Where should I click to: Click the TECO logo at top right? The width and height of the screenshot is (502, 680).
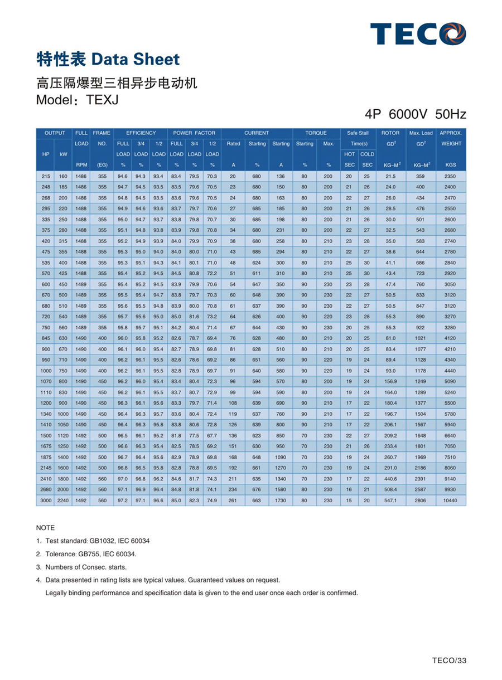[x=418, y=33]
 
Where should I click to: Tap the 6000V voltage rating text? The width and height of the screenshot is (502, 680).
[x=408, y=115]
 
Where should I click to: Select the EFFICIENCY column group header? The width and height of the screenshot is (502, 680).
[x=141, y=133]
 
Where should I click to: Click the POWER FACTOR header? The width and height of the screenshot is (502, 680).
[x=194, y=133]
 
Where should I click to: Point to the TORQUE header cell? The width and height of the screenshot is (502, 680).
[x=316, y=133]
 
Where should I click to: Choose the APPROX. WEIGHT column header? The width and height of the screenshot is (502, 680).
[x=451, y=138]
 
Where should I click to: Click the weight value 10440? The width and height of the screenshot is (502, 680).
[x=451, y=501]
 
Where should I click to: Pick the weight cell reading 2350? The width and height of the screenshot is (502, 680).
[x=451, y=176]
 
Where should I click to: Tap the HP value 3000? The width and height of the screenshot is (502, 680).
[x=45, y=501]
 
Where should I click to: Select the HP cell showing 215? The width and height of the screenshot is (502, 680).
[x=45, y=176]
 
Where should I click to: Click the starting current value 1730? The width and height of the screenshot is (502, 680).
[x=281, y=501]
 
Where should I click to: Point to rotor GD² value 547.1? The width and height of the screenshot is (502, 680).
[x=390, y=501]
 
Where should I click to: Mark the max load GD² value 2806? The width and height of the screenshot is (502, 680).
[x=420, y=501]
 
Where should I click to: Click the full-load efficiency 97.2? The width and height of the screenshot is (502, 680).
[x=123, y=501]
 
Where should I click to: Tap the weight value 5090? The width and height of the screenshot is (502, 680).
[x=451, y=382]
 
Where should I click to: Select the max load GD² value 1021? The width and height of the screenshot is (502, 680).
[x=420, y=338]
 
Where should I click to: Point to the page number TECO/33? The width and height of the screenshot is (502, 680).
[x=449, y=661]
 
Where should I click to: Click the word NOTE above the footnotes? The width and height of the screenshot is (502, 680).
[x=46, y=527]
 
